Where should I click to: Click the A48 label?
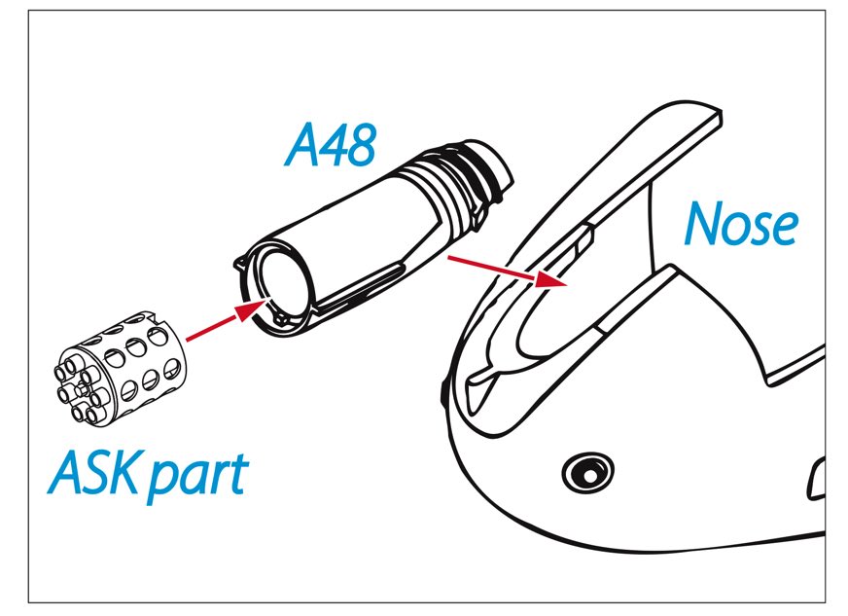coord(330,145)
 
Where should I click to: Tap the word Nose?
coord(740,224)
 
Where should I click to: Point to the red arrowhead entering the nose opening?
coord(550,279)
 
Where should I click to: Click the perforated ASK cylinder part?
coord(120,370)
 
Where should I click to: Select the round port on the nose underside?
coord(588,473)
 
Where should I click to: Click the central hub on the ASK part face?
coord(83,388)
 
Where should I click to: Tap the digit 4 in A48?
coord(332,146)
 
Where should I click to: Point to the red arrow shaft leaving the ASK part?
coord(211,328)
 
